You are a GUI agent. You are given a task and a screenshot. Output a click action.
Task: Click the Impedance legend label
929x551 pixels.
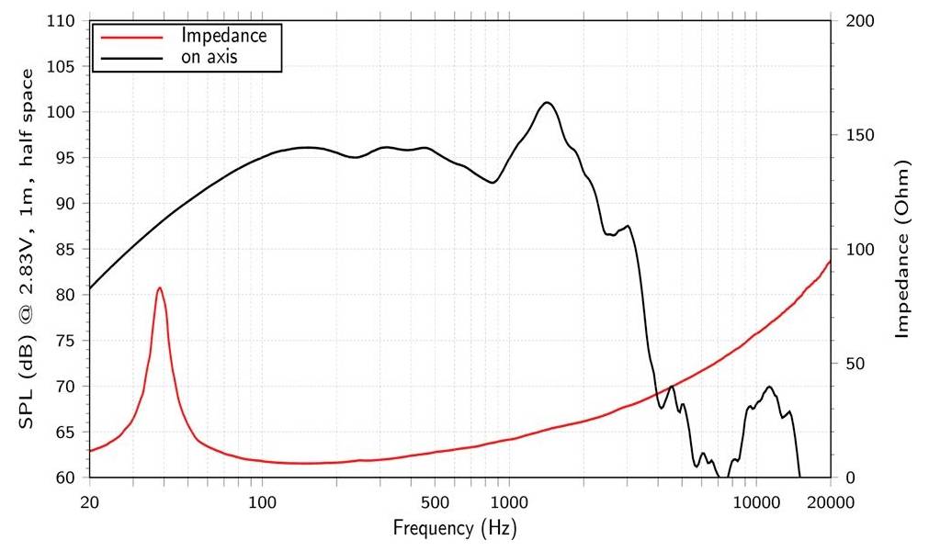224,36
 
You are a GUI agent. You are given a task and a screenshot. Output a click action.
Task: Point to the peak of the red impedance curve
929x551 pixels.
160,287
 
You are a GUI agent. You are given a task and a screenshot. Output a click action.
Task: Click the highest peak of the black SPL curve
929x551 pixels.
547,102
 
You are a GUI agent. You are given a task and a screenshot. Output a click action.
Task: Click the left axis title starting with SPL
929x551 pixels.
28,248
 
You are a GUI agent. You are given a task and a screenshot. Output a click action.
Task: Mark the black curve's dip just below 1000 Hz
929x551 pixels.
493,183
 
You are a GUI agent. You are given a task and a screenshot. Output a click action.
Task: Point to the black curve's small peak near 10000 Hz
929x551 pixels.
768,387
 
